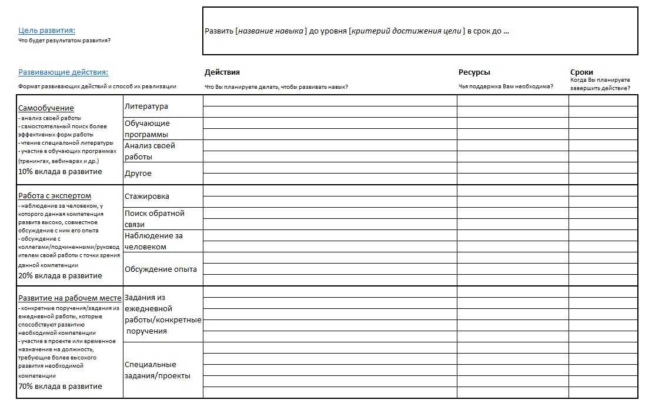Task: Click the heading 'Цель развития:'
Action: click(47, 31)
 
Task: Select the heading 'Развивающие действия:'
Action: click(63, 72)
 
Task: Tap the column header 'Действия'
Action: click(222, 72)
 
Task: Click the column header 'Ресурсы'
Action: click(474, 72)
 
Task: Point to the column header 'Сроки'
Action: click(581, 72)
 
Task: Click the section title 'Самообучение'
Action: click(46, 108)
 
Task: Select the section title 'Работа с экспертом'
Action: click(55, 196)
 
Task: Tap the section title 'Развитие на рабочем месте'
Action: click(70, 298)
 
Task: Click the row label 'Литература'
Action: click(146, 106)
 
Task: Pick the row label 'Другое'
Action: click(138, 174)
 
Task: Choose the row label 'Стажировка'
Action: click(147, 196)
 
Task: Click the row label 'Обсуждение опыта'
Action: click(161, 269)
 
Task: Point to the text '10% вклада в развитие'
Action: click(60, 172)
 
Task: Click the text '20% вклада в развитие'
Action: click(60, 276)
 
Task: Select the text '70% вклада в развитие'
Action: click(60, 387)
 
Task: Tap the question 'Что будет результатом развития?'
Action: click(65, 41)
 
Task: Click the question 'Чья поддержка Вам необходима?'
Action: click(506, 86)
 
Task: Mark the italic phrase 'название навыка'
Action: click(271, 31)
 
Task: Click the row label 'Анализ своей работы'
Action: click(150, 151)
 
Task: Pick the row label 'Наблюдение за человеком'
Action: click(153, 241)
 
